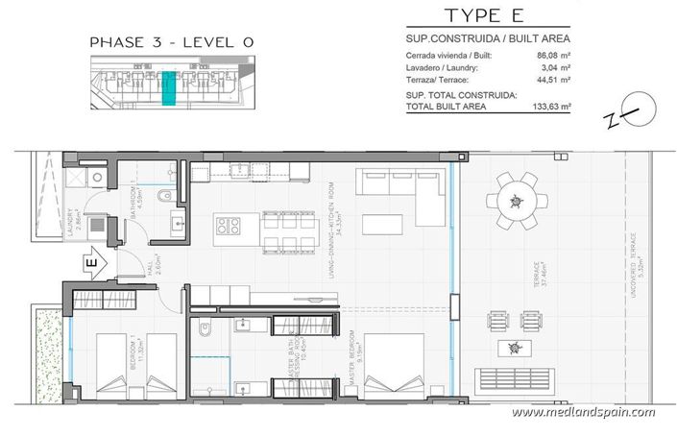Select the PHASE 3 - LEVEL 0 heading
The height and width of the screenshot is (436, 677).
[157, 42]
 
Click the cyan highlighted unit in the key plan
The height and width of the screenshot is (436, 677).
[169, 85]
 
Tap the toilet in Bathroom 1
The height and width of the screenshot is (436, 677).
[165, 196]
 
